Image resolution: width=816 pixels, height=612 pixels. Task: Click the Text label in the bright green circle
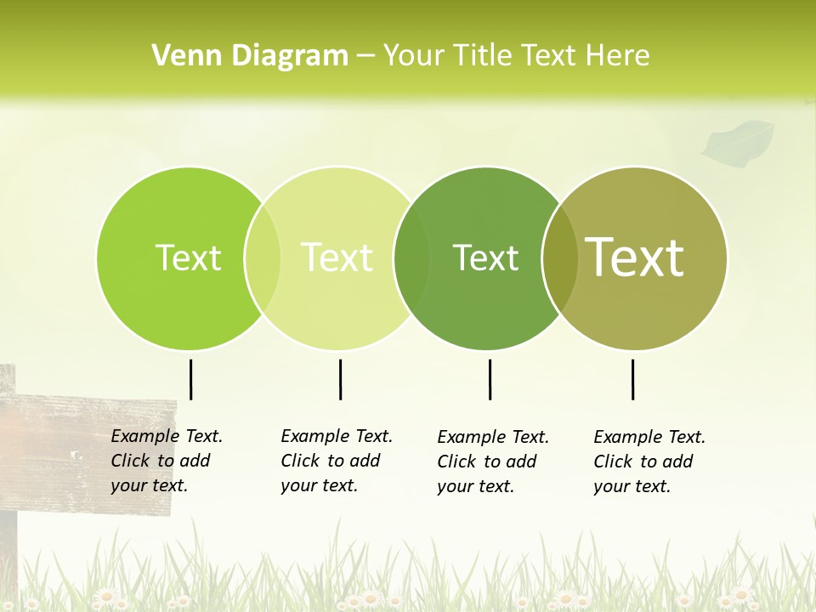[188, 258]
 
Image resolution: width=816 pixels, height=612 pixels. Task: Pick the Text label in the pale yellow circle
[337, 258]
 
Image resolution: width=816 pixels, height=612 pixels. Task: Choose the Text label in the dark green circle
[485, 258]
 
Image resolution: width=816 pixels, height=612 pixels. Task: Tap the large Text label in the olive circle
[635, 257]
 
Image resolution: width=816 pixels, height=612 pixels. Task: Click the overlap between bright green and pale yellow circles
[263, 258]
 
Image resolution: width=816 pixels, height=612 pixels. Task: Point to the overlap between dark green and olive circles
[558, 258]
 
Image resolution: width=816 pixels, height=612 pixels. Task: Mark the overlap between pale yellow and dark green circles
[411, 258]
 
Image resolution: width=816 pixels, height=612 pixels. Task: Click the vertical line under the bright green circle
[190, 379]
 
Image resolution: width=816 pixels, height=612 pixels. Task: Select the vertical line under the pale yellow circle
[340, 379]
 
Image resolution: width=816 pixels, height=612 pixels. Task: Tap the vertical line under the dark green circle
[490, 379]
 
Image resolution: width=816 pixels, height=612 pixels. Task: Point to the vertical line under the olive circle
[632, 379]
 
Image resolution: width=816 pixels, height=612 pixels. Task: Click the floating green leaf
[738, 140]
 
